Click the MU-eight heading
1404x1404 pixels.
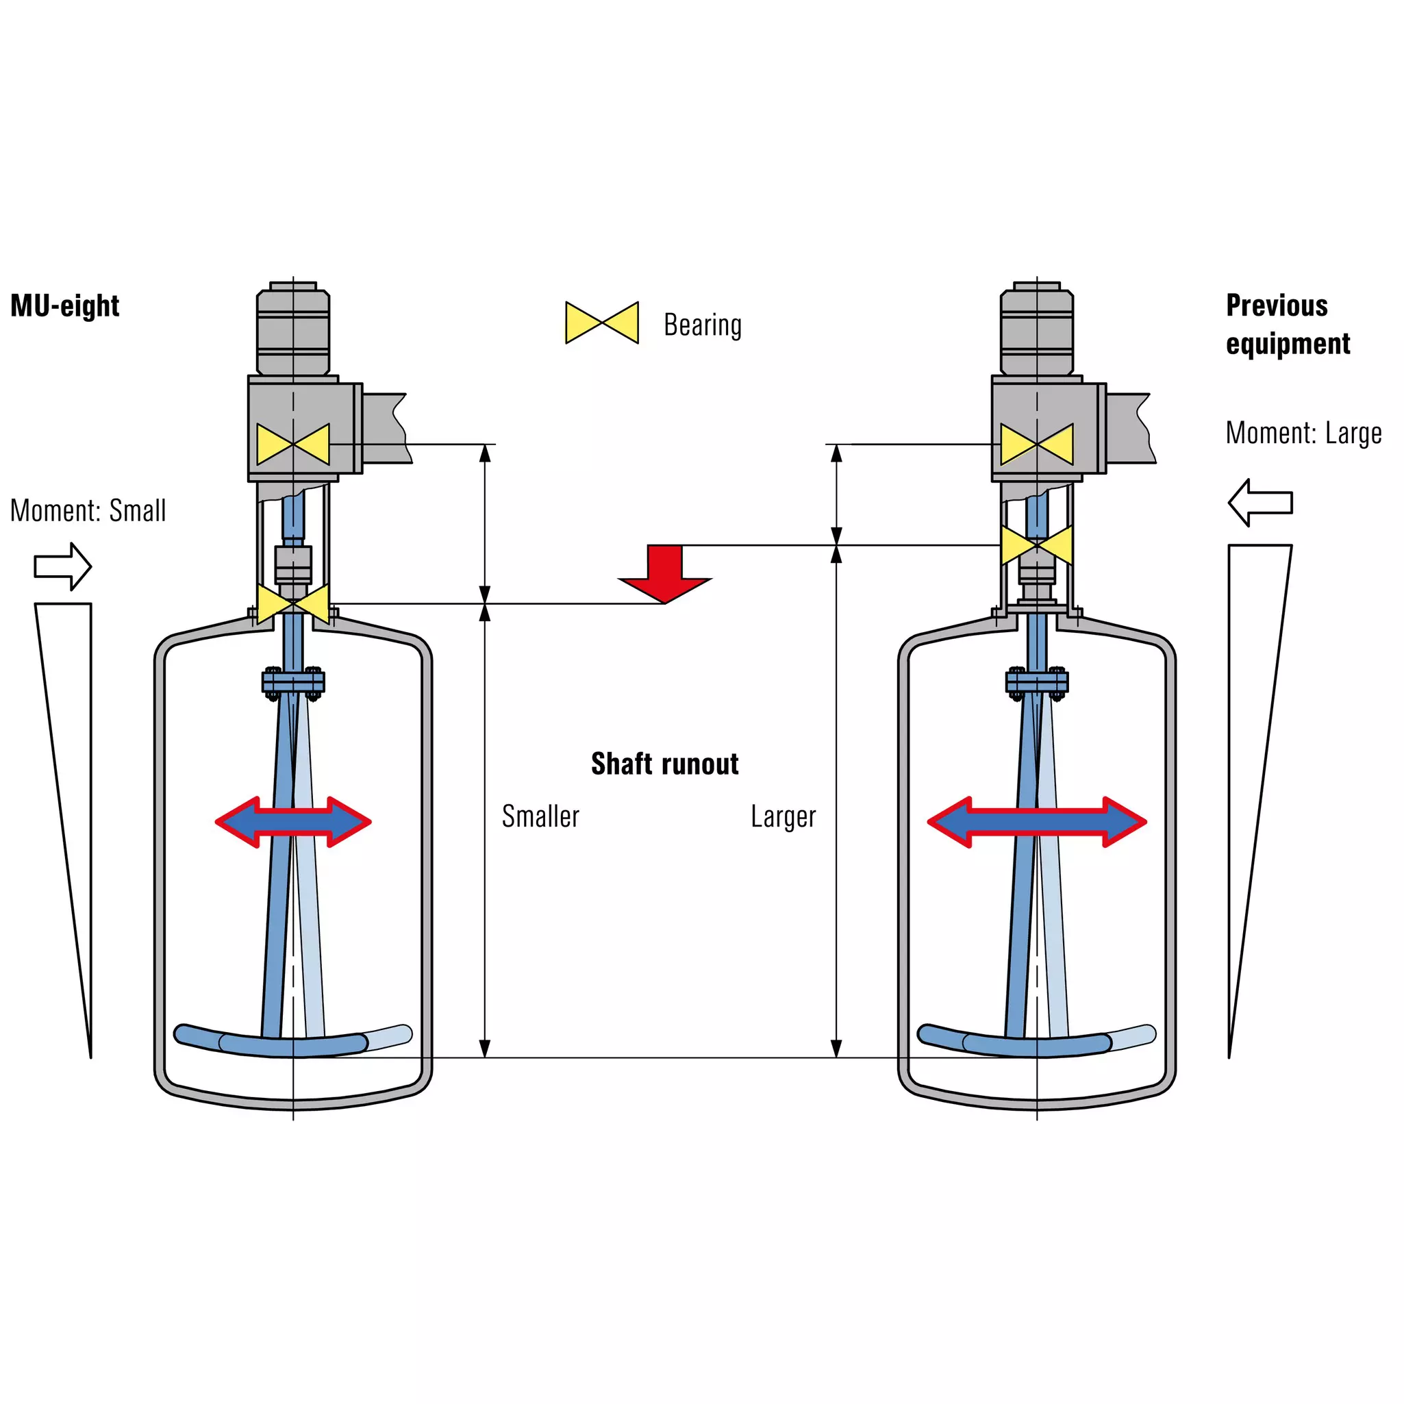click(64, 306)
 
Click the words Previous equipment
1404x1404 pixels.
click(1288, 324)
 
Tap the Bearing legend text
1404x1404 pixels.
click(703, 325)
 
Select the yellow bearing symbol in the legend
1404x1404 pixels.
click(602, 323)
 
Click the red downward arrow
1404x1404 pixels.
click(665, 573)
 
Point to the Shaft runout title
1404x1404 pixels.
click(665, 764)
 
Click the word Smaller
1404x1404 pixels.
click(540, 816)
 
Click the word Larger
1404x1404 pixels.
click(784, 817)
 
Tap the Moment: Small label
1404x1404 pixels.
click(88, 510)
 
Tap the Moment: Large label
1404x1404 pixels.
click(1304, 433)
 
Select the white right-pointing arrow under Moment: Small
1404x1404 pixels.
click(62, 566)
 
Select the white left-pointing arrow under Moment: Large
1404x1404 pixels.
click(1260, 502)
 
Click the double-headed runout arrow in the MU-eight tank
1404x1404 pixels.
click(293, 822)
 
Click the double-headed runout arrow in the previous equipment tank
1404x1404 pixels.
click(1037, 822)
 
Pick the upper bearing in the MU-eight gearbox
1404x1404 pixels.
click(293, 444)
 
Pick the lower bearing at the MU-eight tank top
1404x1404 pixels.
click(293, 603)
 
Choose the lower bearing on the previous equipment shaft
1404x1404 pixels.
click(1037, 545)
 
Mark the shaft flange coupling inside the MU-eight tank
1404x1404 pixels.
click(293, 681)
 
